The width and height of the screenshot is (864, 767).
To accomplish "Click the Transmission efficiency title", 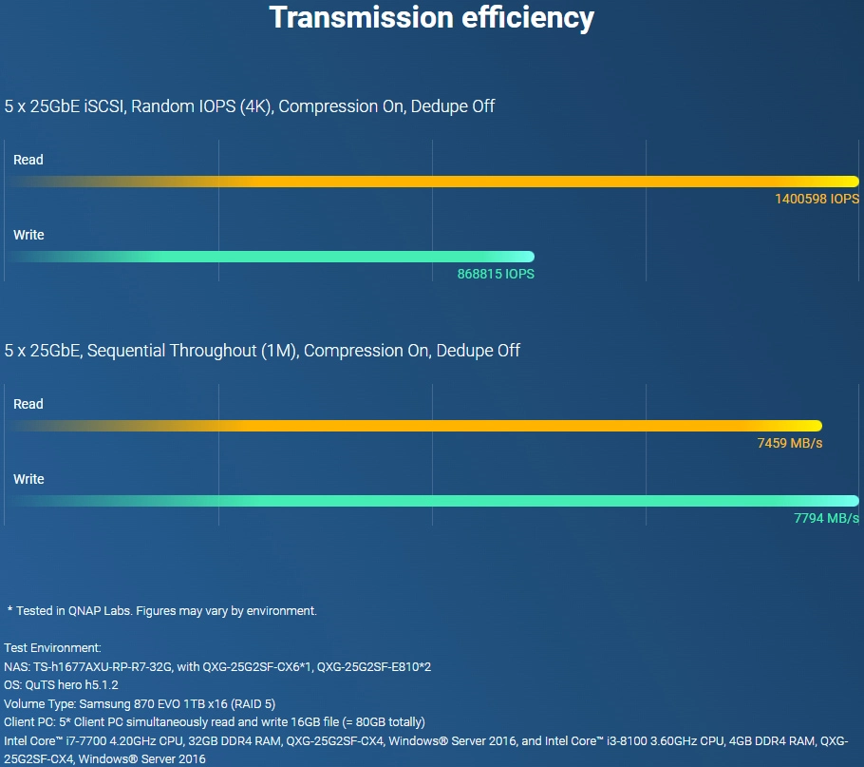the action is [x=431, y=18].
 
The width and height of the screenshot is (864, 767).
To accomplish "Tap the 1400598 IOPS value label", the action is [x=817, y=199].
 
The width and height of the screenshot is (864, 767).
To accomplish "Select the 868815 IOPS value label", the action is [x=496, y=274].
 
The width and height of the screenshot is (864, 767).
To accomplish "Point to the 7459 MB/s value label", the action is [x=790, y=443].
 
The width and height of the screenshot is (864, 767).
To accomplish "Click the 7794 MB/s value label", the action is [x=826, y=518].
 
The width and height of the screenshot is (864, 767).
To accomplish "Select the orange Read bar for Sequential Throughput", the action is [x=414, y=426].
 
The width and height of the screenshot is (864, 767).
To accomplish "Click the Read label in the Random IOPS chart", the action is [x=28, y=160].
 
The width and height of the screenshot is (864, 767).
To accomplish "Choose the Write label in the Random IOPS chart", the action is [x=28, y=235].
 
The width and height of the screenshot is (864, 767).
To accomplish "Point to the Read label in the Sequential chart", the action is [x=28, y=404].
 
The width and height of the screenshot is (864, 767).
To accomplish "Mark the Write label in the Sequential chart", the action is [x=28, y=479].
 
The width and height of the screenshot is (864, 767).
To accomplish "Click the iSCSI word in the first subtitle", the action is [x=104, y=105].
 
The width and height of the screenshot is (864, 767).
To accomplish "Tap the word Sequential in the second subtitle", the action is [x=125, y=351].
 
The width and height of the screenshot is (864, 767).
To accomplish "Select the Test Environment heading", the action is [x=53, y=648].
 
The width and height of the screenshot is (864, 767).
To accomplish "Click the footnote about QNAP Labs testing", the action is [x=162, y=611].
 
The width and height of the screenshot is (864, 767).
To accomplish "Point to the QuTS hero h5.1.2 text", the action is [x=71, y=685].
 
